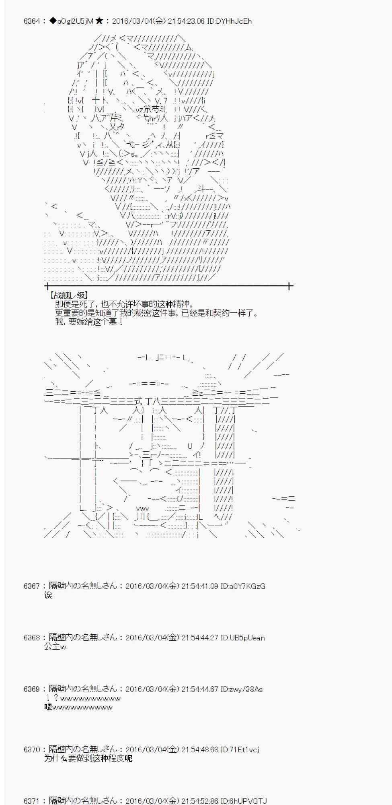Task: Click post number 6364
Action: [x=32, y=21]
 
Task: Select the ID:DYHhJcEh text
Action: [x=229, y=21]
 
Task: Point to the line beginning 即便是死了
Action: [x=124, y=304]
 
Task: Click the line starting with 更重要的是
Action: [x=157, y=313]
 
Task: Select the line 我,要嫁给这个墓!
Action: [x=89, y=322]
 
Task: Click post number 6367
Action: [x=32, y=586]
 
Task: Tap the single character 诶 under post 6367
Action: [x=48, y=595]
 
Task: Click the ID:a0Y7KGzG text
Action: [x=243, y=586]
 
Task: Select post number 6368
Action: [x=32, y=638]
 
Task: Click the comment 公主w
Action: [x=55, y=646]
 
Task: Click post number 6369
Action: [x=32, y=689]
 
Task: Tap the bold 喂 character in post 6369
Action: [x=48, y=707]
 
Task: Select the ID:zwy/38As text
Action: [x=242, y=689]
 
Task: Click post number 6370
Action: [x=32, y=749]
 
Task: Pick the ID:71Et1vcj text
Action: [x=240, y=749]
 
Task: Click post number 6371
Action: [x=32, y=801]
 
